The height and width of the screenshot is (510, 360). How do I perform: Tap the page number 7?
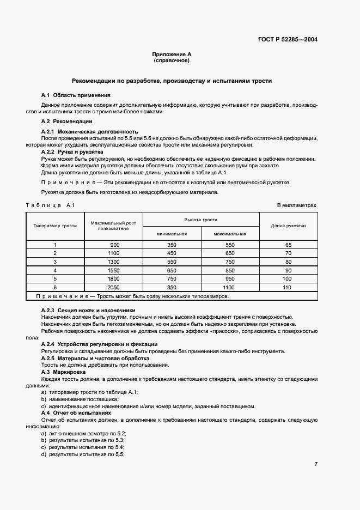315,464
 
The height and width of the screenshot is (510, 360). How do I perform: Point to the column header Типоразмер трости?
55,225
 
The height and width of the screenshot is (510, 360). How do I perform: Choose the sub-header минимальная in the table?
172,233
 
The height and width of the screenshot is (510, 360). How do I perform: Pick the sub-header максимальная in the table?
230,233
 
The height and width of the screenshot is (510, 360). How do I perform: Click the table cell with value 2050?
113,287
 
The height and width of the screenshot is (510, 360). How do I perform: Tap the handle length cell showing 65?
288,245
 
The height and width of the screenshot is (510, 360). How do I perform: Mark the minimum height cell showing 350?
172,245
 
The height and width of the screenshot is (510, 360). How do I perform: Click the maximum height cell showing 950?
230,278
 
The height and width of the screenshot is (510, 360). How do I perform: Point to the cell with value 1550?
113,270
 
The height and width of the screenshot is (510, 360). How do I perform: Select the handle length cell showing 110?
288,287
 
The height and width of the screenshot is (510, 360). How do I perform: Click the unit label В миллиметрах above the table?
296,205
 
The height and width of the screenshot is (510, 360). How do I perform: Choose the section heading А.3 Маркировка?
64,372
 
